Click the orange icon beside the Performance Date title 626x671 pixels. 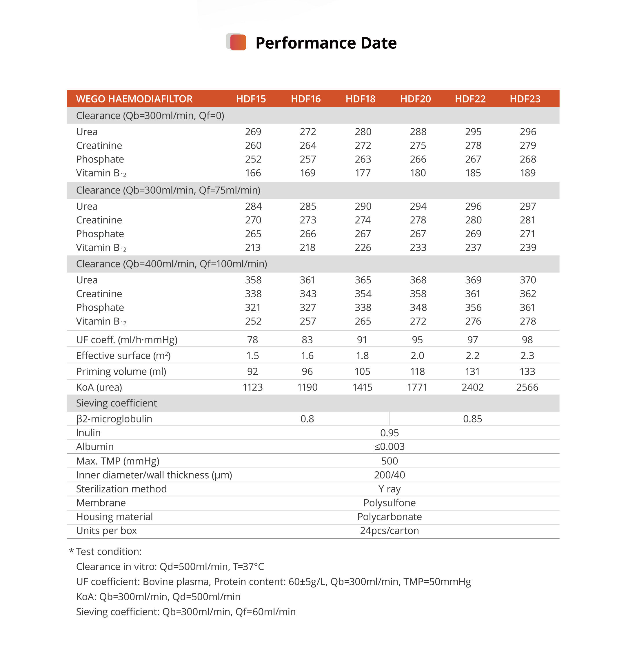(237, 42)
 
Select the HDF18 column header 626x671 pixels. (360, 99)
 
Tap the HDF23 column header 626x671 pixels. (525, 99)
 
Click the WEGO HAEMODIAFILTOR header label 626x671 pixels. (134, 99)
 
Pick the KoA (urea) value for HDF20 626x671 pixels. (417, 387)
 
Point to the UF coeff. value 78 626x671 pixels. (252, 340)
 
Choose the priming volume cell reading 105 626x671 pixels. (362, 371)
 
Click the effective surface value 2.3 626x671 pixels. (527, 355)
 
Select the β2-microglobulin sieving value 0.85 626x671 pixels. (472, 419)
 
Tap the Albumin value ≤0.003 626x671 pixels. (389, 446)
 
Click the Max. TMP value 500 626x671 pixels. (389, 461)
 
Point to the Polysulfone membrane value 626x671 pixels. (389, 503)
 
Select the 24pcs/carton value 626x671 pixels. (389, 530)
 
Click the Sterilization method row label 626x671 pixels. (121, 489)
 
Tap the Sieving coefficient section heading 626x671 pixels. (116, 403)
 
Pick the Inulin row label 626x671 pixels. (88, 433)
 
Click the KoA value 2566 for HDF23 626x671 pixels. (527, 387)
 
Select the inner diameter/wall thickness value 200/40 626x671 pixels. (389, 475)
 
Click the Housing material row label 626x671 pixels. (114, 517)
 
